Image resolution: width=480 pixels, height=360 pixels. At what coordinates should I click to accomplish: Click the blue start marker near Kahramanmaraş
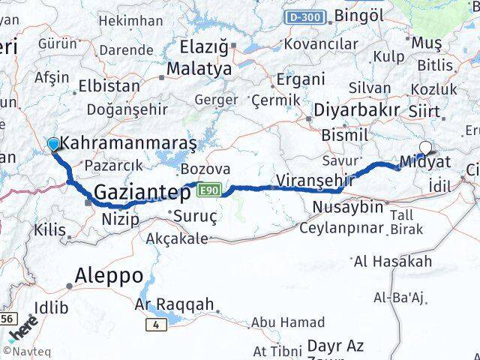click(x=53, y=143)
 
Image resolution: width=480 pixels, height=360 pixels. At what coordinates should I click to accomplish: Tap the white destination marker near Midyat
click(x=426, y=148)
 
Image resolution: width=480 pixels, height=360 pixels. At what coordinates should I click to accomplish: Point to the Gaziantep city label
click(x=142, y=193)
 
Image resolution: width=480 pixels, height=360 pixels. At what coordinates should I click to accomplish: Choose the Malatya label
click(x=199, y=69)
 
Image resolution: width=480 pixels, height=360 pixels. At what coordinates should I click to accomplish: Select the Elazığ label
click(x=203, y=47)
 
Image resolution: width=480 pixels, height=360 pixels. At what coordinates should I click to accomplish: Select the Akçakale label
click(x=177, y=238)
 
